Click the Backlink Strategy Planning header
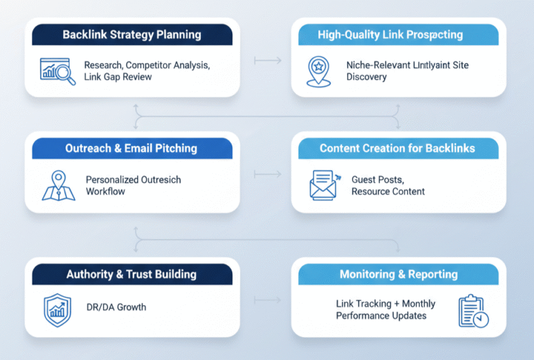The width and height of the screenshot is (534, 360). point(131,35)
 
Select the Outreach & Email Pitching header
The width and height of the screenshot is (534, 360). point(131,148)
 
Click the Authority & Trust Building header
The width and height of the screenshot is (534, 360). point(131,275)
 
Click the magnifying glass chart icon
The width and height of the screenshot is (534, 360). point(58,70)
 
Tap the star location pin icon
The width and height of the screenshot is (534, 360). point(317,71)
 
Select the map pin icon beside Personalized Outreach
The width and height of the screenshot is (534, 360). point(58,185)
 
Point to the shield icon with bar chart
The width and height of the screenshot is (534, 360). point(57,310)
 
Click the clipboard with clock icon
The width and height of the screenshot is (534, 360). point(473,311)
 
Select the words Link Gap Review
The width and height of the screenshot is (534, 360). point(118,76)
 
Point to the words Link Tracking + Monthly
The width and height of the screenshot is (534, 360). point(385,304)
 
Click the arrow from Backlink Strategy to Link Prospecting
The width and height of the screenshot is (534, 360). point(268,61)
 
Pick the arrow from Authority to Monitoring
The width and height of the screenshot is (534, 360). point(268,300)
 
